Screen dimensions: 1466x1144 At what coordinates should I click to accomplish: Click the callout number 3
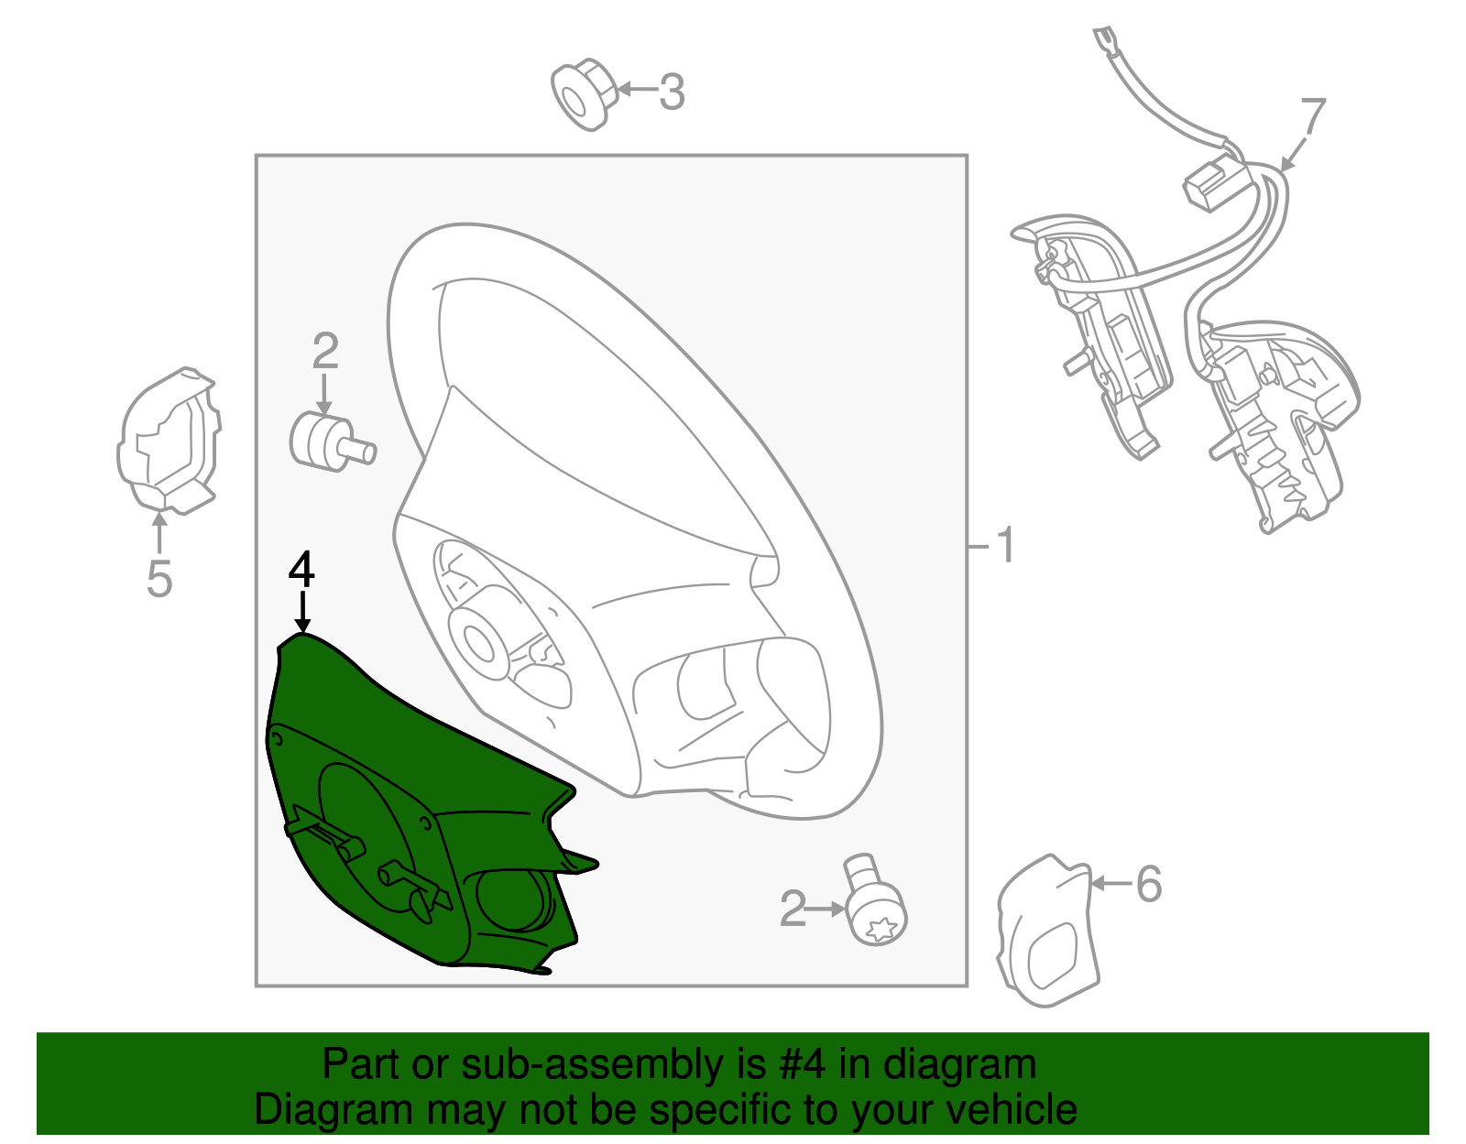(672, 92)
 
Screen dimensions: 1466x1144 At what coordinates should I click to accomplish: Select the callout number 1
(1005, 545)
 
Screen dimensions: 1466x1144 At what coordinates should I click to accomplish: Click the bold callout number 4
(301, 570)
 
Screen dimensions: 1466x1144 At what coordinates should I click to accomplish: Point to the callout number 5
(159, 578)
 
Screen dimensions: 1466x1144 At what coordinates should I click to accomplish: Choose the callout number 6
(1149, 884)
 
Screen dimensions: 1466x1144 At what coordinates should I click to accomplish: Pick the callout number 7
(1313, 116)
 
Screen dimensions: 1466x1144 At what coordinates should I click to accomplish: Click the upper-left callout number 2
(325, 351)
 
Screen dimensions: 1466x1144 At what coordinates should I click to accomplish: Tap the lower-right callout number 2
(792, 909)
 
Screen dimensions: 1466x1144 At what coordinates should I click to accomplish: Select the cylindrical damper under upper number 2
(332, 441)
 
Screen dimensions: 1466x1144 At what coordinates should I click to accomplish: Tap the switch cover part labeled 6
(1047, 931)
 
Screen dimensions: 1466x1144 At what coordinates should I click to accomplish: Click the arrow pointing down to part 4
(303, 612)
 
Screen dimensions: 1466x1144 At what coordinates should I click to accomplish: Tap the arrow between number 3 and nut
(637, 89)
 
